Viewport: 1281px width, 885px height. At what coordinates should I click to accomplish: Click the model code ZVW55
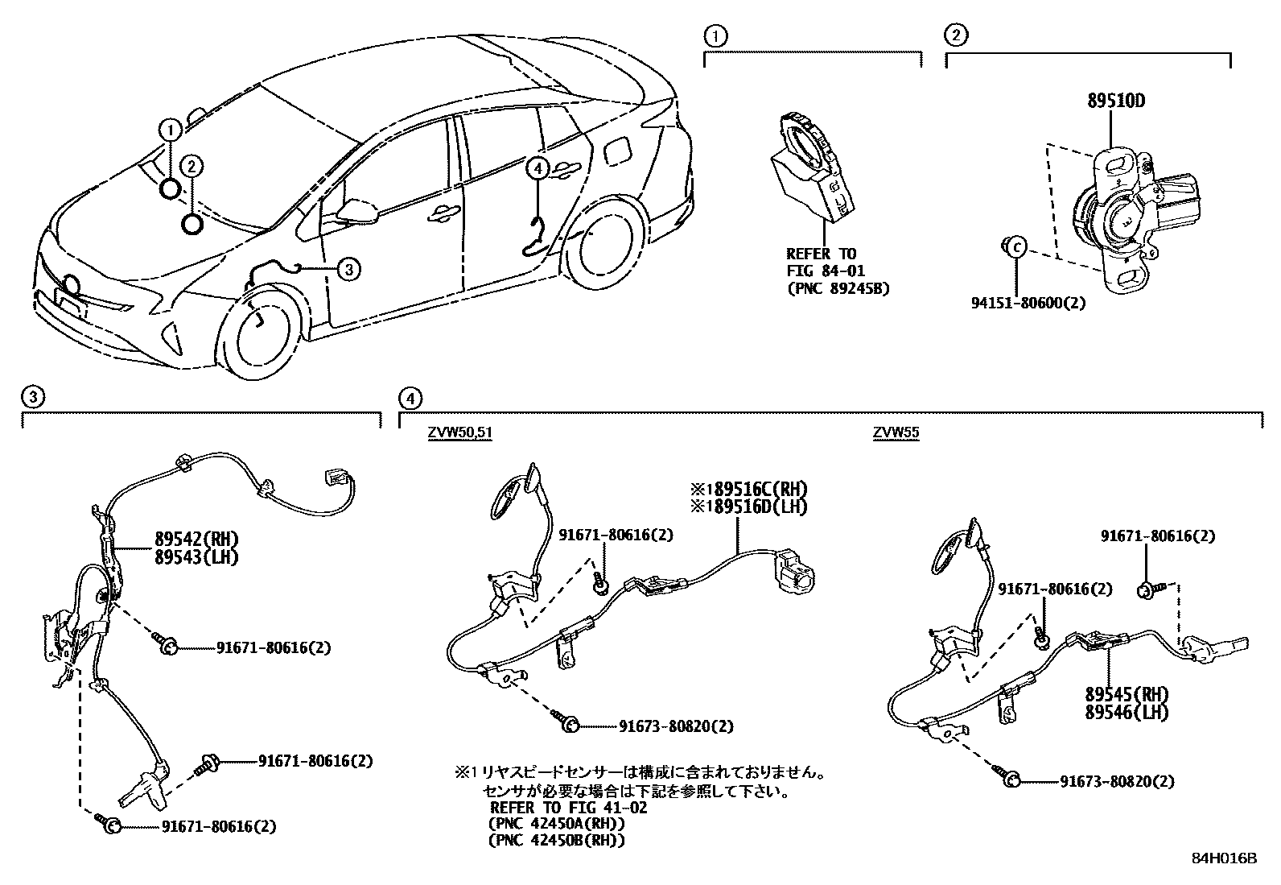[896, 433]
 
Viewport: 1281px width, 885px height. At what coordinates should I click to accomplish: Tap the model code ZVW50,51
[459, 433]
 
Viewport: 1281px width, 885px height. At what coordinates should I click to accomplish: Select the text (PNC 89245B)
[838, 288]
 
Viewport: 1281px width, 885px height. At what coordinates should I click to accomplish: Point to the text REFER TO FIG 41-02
[568, 808]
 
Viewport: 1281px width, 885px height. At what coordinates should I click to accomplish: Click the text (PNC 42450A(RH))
[557, 824]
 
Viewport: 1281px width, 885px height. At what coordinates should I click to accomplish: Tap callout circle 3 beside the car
[347, 270]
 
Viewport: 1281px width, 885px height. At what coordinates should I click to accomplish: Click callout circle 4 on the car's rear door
[538, 168]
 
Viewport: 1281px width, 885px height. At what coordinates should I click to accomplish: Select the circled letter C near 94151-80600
[1016, 246]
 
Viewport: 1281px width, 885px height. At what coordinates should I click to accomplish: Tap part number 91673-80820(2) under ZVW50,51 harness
[676, 726]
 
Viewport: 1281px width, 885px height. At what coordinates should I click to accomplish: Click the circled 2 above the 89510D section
[955, 35]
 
